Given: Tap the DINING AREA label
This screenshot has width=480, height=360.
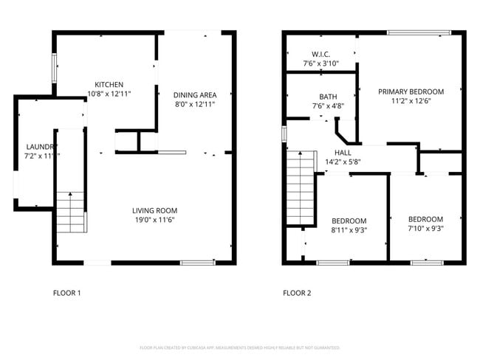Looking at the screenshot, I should coord(195,94).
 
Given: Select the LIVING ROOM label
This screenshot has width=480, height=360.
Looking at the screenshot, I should coord(154,210).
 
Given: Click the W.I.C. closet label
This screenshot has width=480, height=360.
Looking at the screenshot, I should coord(320,54).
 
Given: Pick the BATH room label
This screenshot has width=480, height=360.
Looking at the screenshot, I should coord(328,97).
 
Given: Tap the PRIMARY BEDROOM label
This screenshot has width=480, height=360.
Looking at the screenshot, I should coord(411,91).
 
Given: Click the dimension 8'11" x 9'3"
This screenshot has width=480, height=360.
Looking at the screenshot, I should coord(349,229).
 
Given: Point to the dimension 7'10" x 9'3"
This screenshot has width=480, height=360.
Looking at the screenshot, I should coord(426,228).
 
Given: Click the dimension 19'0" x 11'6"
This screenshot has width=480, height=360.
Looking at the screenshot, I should coord(154,219).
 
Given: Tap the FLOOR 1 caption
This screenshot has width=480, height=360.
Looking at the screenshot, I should coord(66,293).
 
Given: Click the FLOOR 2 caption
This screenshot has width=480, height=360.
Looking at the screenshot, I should coord(297,293).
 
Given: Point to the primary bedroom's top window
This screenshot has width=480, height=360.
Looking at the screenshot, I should coord(419,32).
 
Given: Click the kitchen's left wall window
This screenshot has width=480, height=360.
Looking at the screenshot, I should coord(53,69).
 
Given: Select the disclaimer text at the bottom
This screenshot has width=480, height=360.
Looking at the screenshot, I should coord(239,347).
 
